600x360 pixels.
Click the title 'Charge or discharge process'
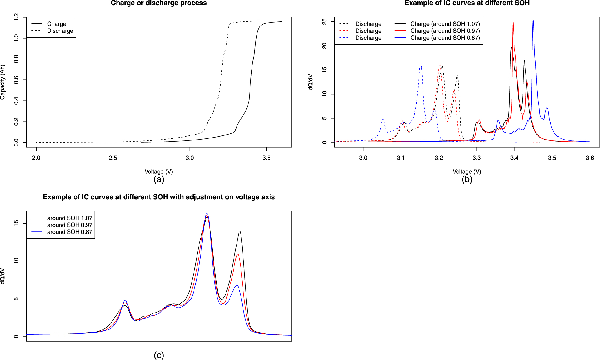tap(159, 3)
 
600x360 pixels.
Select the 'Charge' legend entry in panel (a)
tap(57, 24)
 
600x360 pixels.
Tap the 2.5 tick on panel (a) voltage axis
tap(113, 158)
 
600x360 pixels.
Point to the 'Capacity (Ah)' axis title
tap(3, 82)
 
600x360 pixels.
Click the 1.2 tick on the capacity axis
tap(16, 17)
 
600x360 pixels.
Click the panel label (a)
tap(159, 179)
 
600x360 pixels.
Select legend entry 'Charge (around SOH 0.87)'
tap(445, 38)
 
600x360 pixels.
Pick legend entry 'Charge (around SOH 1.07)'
tap(445, 24)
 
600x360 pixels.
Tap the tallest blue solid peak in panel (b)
tap(533, 21)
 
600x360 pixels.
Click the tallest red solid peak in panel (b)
tap(513, 23)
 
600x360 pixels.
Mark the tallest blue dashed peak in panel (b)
tap(421, 64)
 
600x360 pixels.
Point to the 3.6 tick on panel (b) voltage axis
tap(590, 158)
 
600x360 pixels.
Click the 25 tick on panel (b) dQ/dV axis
tap(324, 22)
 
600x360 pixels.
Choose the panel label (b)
tap(467, 179)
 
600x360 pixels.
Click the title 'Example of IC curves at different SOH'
tap(467, 3)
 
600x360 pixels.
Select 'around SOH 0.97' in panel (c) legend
tap(70, 225)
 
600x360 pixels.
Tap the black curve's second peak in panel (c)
tap(240, 231)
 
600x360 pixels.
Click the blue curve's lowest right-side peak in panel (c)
tap(237, 285)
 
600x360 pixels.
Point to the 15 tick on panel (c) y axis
tap(16, 223)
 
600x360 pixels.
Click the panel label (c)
tap(159, 355)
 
